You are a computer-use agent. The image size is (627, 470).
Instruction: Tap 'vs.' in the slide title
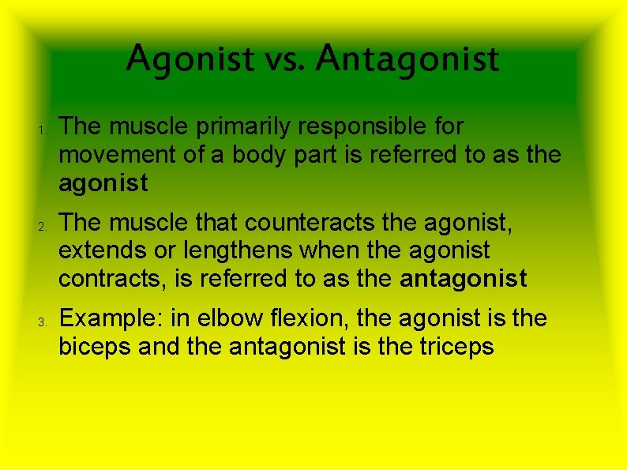(x=272, y=58)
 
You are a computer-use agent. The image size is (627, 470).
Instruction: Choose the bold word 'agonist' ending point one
(x=103, y=183)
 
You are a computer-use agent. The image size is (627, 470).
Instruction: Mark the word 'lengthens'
(x=250, y=252)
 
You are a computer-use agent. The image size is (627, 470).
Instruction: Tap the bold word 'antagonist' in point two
(x=464, y=279)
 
